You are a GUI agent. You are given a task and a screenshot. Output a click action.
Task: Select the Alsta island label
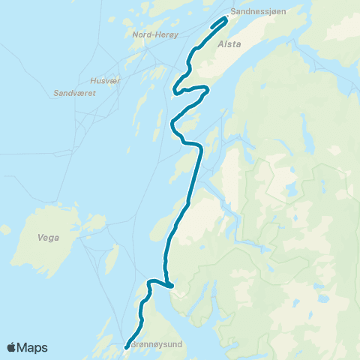(x=229, y=44)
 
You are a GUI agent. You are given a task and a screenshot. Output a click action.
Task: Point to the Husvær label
(x=104, y=80)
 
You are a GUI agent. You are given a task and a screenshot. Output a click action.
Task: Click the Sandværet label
(x=73, y=94)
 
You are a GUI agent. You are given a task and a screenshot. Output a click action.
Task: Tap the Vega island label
(x=47, y=238)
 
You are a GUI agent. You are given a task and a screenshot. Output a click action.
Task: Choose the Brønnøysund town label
(x=157, y=346)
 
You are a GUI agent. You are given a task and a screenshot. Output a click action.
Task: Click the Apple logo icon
(x=12, y=347)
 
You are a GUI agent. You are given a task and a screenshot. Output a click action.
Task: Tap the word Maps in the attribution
(x=32, y=347)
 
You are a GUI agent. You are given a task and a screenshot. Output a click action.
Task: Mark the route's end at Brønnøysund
(x=126, y=346)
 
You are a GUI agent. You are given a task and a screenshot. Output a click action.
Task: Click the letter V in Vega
(x=39, y=238)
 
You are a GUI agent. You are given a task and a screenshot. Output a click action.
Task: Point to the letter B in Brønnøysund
(x=133, y=346)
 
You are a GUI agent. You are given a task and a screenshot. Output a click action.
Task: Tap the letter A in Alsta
(x=219, y=44)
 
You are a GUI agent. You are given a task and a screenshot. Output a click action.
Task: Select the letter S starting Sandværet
(x=57, y=94)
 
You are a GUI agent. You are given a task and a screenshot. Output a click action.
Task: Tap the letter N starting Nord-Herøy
(x=134, y=35)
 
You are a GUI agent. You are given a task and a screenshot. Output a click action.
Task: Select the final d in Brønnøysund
(x=180, y=346)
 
